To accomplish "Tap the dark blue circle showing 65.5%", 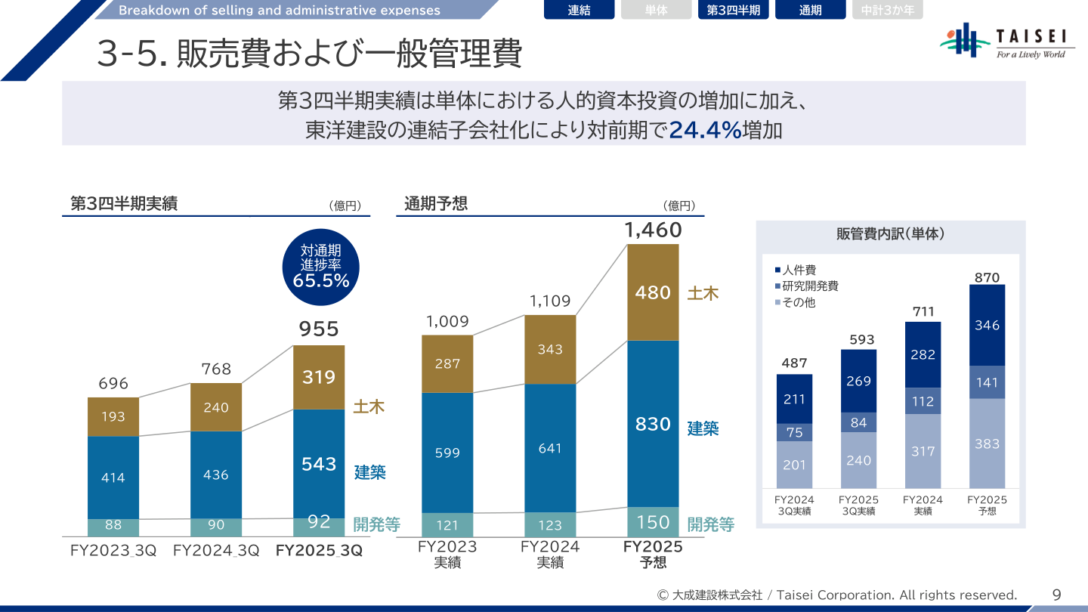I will click(320, 267).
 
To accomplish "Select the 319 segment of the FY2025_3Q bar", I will click(319, 377).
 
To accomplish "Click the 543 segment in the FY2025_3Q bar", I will click(319, 463).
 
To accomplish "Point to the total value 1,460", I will click(653, 230).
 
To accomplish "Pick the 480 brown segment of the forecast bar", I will click(653, 292).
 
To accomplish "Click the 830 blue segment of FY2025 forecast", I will click(653, 424).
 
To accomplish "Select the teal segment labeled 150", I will click(653, 522).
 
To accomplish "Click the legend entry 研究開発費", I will click(806, 286).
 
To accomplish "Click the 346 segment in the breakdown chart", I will click(987, 326).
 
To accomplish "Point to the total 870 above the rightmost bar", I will click(987, 277).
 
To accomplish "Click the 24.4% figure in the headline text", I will click(705, 131).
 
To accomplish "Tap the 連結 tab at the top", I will click(579, 11).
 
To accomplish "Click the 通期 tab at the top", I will click(810, 11).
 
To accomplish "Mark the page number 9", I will click(1056, 595).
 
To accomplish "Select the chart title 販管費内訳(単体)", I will click(890, 234).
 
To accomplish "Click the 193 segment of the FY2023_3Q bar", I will click(113, 417).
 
